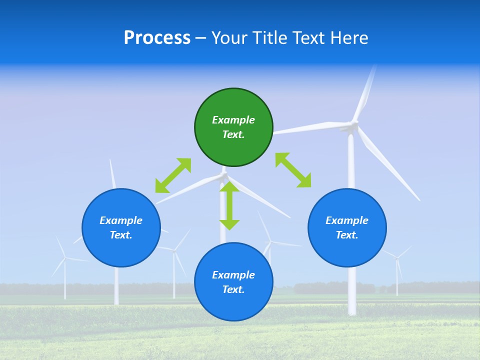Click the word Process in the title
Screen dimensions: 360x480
(157, 38)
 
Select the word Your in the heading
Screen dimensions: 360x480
(230, 38)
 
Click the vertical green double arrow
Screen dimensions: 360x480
(229, 205)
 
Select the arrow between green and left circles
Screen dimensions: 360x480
(173, 175)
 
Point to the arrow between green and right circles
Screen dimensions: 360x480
(293, 170)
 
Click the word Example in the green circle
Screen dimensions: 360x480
(233, 120)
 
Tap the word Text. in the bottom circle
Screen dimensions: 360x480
(233, 289)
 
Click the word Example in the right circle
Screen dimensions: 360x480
(347, 220)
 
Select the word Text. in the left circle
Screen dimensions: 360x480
(121, 235)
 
